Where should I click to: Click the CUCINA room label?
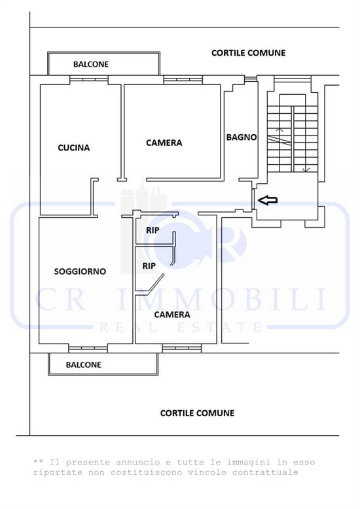click(73, 148)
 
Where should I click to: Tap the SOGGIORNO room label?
click(80, 271)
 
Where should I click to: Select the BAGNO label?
click(241, 137)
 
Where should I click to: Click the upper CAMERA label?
click(164, 143)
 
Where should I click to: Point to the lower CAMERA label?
click(172, 315)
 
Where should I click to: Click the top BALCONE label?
click(91, 65)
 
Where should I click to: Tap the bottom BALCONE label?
click(84, 365)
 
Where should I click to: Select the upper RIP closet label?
click(153, 230)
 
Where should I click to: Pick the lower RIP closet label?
click(149, 267)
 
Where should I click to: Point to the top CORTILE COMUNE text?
click(248, 52)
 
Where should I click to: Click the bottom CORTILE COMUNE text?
click(197, 413)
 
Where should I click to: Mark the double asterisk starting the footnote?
click(37, 463)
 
